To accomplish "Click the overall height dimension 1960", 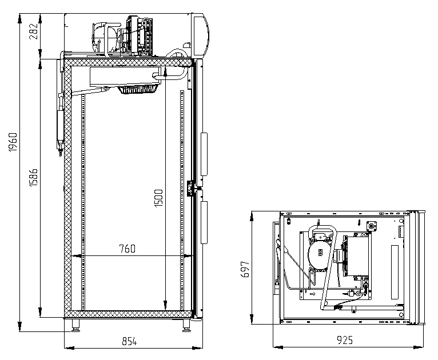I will pyautogui.click(x=13, y=143).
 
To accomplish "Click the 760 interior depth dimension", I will pyautogui.click(x=127, y=249).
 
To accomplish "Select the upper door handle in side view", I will pyautogui.click(x=204, y=154).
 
